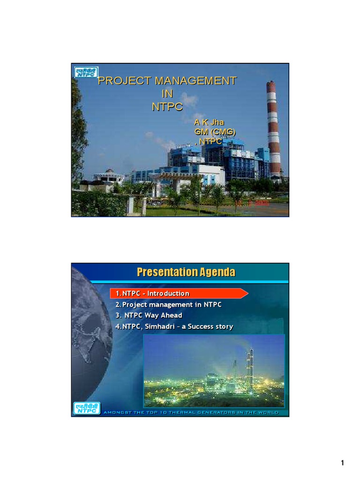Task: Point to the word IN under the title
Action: tap(167, 93)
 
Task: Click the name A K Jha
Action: tap(206, 122)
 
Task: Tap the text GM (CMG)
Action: tap(215, 131)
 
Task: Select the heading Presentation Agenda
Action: tap(186, 272)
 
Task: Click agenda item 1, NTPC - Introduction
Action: tap(153, 293)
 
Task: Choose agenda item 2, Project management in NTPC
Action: tap(169, 305)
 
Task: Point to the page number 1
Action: tap(343, 464)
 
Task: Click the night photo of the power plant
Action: tap(214, 370)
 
